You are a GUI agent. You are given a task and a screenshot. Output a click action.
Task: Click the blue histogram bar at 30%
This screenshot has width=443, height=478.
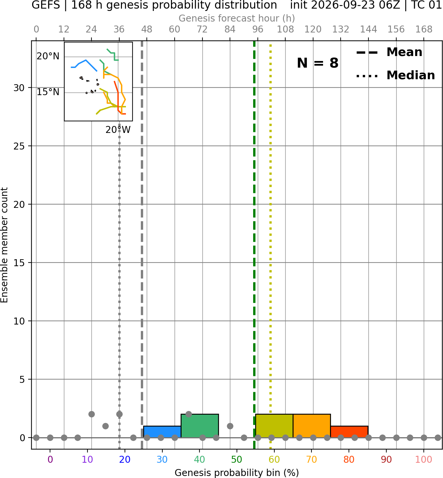coord(162,432)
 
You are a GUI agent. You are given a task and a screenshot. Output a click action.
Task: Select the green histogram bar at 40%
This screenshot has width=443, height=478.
coord(200,426)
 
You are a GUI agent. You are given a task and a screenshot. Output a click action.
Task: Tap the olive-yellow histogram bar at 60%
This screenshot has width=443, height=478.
coord(274,426)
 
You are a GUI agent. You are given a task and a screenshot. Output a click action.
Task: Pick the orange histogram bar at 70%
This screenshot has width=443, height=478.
coord(312,426)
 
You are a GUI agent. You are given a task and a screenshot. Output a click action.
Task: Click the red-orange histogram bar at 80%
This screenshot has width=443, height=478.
coord(349,432)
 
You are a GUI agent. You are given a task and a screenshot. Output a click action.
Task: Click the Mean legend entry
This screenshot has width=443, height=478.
coord(389,52)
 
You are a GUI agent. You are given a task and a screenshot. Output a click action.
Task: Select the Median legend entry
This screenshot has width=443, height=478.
coord(395,75)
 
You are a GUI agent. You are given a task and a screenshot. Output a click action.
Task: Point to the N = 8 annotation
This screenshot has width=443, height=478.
coord(318,63)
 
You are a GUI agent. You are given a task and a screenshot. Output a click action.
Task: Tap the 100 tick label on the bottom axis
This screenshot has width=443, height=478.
coord(424,459)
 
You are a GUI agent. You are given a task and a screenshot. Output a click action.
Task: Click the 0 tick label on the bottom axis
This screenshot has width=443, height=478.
coord(50,459)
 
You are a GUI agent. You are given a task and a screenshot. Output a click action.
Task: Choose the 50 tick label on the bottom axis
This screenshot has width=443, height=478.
coord(237,459)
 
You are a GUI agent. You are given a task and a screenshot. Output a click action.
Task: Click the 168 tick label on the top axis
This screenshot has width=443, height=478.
coord(424,30)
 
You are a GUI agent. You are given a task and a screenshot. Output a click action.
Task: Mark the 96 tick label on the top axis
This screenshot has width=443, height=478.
coord(258,30)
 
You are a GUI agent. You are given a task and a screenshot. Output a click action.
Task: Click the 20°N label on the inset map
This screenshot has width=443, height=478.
coord(48,56)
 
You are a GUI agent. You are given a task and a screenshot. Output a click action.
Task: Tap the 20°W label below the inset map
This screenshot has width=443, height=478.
coord(118,130)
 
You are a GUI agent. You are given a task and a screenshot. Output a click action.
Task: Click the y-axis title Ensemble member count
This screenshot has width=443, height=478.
coord(4,245)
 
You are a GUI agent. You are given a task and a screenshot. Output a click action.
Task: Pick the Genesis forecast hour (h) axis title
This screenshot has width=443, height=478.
coord(237,18)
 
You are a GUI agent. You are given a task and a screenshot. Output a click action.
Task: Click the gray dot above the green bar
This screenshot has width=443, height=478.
coord(189,414)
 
